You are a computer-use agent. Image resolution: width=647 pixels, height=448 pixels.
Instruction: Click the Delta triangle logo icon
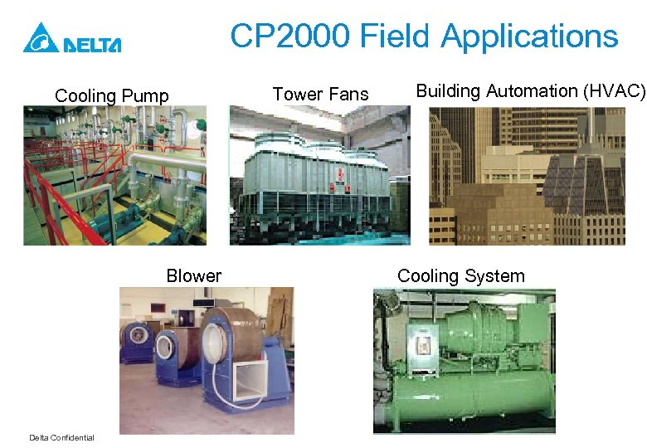40,38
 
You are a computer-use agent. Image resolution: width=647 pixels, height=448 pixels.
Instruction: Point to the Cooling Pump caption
111,96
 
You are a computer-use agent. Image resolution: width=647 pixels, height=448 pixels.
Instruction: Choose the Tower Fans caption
320,95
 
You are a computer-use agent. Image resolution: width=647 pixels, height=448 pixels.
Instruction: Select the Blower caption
193,276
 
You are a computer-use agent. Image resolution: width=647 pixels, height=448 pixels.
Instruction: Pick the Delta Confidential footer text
61,438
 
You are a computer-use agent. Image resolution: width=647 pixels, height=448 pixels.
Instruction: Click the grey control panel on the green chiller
421,340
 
